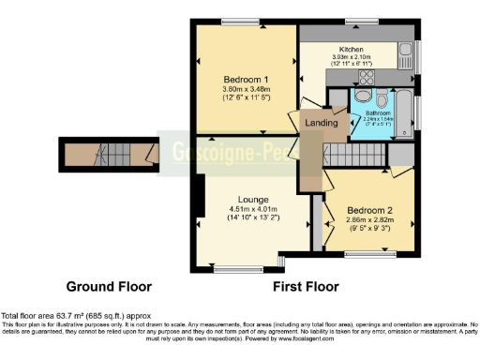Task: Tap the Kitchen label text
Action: [352, 50]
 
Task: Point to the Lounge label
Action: [253, 200]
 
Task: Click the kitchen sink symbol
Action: [405, 51]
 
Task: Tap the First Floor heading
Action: [304, 285]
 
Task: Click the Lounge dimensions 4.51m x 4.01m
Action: [253, 210]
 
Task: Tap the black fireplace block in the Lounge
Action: [199, 200]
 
